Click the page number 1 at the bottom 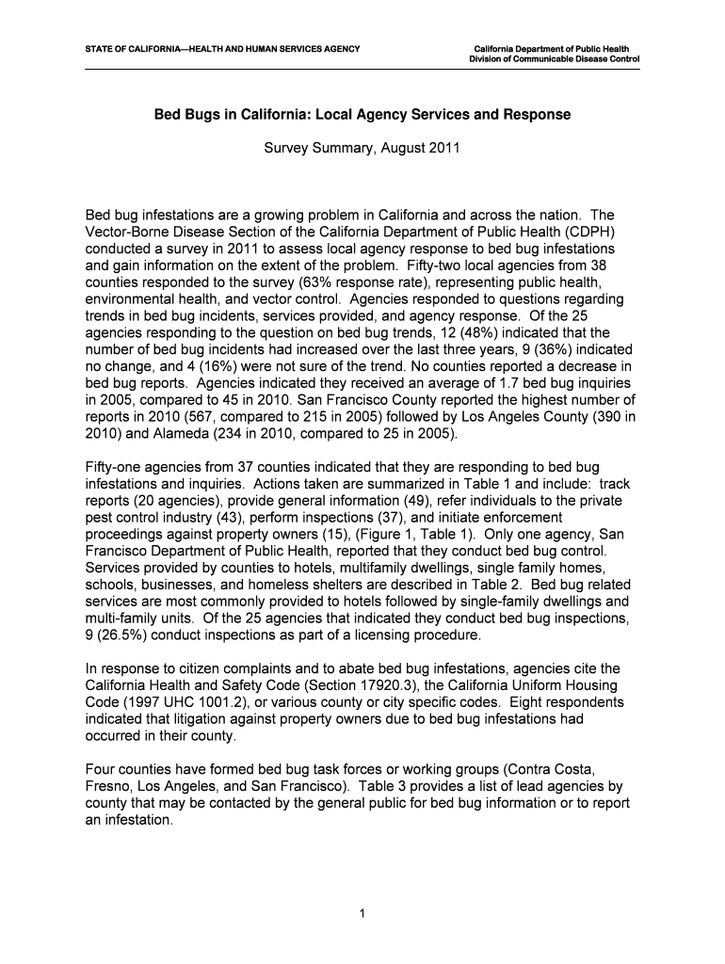(x=362, y=913)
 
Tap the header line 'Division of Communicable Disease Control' (x=555, y=58)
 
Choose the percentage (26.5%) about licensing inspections (x=118, y=636)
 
